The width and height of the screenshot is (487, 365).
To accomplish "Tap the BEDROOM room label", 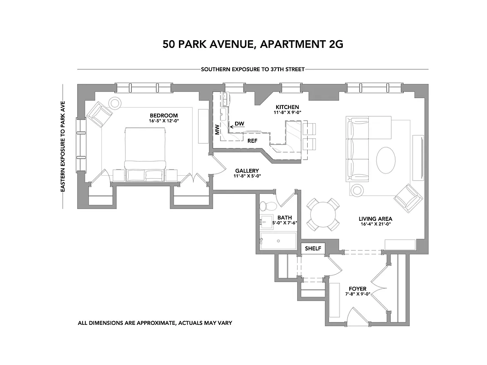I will pyautogui.click(x=164, y=115).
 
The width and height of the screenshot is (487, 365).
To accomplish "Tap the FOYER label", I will pyautogui.click(x=357, y=288).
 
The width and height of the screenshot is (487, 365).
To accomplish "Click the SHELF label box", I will pyautogui.click(x=313, y=249).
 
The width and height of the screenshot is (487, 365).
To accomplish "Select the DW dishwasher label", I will pyautogui.click(x=239, y=124).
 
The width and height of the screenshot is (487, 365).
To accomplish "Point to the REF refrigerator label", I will pyautogui.click(x=252, y=141).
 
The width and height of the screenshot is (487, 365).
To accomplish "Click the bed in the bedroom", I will pyautogui.click(x=145, y=151).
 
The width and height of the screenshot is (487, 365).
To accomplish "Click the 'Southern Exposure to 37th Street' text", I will pyautogui.click(x=252, y=70).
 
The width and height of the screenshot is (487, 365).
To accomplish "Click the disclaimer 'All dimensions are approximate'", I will pyautogui.click(x=155, y=323).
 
